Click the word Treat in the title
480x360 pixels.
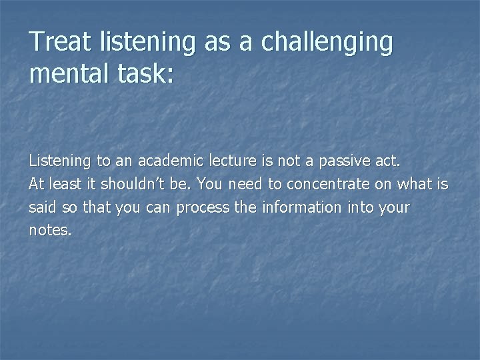(64, 43)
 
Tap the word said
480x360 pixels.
(41, 207)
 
